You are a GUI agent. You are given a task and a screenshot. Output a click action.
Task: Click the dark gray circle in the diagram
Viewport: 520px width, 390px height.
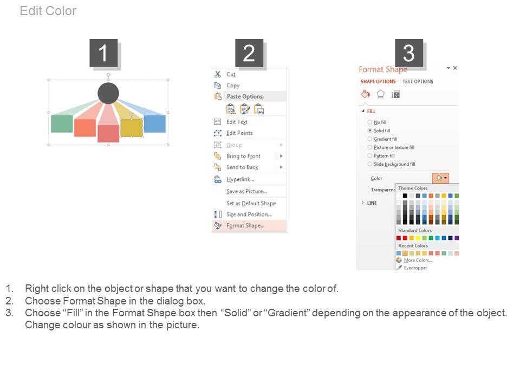pos(108,93)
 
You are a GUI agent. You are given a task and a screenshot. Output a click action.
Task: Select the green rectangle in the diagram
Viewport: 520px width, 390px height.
pos(62,123)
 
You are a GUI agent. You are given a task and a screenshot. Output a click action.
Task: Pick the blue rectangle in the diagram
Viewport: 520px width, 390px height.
pos(154,123)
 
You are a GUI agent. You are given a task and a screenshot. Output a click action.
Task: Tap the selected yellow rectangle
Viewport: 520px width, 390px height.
pos(132,128)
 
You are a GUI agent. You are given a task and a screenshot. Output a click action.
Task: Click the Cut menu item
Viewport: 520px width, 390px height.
pos(231,75)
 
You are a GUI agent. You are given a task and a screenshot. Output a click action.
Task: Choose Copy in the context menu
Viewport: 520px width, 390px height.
pos(233,86)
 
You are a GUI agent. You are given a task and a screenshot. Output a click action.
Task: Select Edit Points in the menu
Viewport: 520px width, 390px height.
pos(239,133)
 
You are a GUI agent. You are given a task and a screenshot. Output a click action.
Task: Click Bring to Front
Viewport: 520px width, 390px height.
pos(243,156)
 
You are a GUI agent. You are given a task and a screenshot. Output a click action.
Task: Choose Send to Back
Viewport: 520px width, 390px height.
pos(243,167)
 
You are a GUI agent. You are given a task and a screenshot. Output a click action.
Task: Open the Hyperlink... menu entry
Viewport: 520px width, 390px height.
pos(240,179)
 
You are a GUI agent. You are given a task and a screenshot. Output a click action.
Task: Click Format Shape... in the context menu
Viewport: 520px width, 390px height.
pos(245,225)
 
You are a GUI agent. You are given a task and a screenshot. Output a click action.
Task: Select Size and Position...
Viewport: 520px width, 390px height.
pos(249,214)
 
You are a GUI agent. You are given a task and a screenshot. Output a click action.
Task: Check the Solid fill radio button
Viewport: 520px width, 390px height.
pos(370,131)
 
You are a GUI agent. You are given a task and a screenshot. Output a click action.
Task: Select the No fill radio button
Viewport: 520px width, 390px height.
pos(370,122)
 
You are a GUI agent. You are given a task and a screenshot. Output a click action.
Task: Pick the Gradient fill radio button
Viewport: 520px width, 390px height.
pos(370,139)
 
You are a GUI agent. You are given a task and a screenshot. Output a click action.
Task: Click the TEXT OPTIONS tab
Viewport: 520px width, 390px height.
pos(418,82)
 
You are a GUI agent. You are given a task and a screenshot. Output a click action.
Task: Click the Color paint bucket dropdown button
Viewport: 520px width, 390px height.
pos(440,178)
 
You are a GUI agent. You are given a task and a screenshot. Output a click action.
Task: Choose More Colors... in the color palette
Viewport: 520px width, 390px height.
pos(418,261)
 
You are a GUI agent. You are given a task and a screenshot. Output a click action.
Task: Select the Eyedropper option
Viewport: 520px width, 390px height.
pos(415,268)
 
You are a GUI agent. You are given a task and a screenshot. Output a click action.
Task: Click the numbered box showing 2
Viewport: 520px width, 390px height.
pos(249,53)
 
